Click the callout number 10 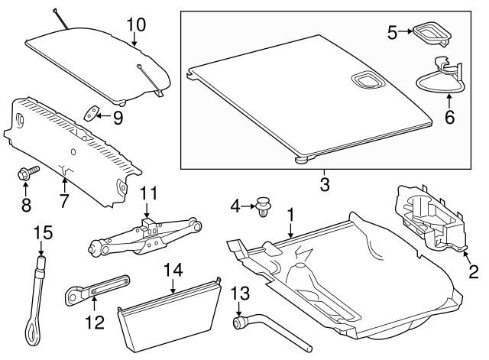(136, 24)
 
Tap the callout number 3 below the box (325, 184)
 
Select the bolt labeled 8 (28, 173)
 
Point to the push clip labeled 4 (263, 206)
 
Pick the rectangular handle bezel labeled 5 (432, 34)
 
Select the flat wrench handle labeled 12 (97, 290)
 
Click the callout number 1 (290, 216)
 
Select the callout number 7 (63, 200)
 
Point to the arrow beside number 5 (406, 31)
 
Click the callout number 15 (43, 233)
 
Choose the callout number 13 (240, 294)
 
